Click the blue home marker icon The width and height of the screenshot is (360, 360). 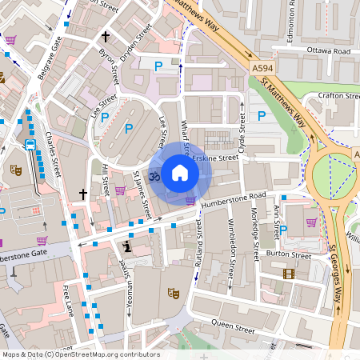click(180, 173)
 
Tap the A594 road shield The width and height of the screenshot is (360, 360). click(262, 69)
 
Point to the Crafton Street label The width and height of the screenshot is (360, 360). click(340, 96)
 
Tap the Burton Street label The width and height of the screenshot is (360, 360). click(288, 255)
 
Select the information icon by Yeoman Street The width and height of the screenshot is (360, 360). click(127, 247)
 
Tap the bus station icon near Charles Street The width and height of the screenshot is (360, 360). click(31, 145)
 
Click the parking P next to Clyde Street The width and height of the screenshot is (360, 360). click(262, 117)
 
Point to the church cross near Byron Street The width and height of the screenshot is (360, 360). click(105, 37)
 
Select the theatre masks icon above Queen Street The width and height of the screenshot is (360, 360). click(172, 293)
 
